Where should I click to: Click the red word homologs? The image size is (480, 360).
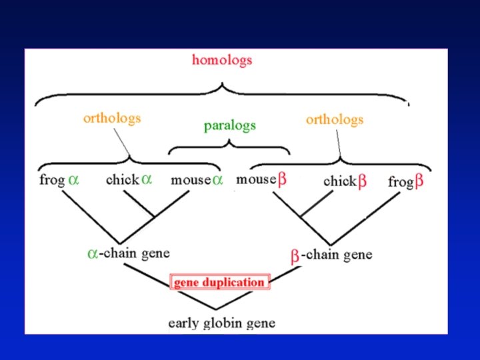tap(222, 60)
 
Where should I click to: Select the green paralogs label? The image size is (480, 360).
tap(229, 125)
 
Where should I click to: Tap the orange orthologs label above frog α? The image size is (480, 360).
tap(112, 119)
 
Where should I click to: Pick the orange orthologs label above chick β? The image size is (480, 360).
tap(335, 120)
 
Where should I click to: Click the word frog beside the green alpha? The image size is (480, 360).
tap(52, 180)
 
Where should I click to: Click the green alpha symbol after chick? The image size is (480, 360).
tap(147, 179)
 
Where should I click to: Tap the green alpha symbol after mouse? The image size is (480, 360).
tap(217, 181)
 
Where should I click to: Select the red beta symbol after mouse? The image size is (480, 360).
tap(282, 179)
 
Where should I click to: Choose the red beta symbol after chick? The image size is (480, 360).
tap(363, 181)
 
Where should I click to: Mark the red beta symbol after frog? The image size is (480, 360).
tap(419, 181)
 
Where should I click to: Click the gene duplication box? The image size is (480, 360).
tap(219, 282)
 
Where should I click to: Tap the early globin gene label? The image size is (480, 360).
tap(221, 323)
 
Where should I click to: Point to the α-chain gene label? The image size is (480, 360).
tap(129, 253)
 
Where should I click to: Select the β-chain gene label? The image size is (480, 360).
tap(331, 255)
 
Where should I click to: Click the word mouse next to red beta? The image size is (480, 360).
tap(256, 179)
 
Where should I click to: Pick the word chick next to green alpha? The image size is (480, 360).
tap(122, 180)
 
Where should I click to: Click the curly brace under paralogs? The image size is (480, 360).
tap(229, 145)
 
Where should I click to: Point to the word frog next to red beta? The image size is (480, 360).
tap(400, 181)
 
